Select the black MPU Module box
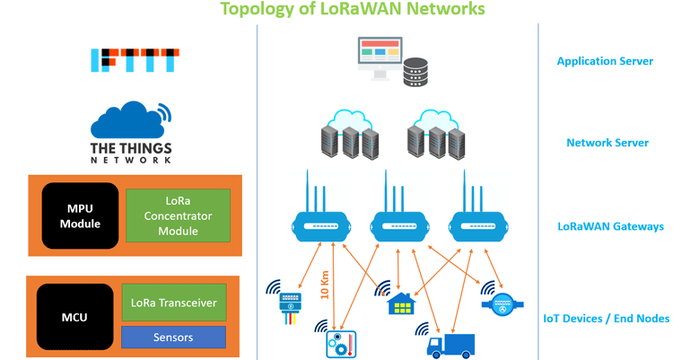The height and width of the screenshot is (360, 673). [80, 215]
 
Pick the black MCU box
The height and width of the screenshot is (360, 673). [73, 317]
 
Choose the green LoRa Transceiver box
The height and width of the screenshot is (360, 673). [173, 303]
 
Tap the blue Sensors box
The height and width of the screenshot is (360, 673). [173, 337]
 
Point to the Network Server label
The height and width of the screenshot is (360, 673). [607, 143]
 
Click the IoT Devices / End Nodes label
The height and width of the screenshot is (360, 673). [607, 318]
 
